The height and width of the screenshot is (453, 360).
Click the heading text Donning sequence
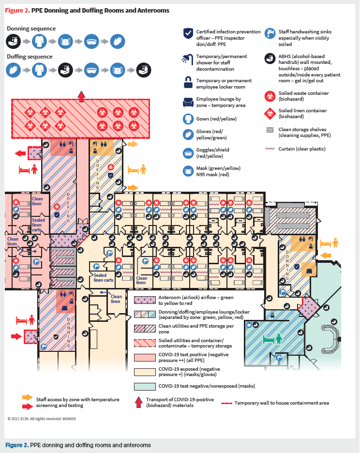[31, 29]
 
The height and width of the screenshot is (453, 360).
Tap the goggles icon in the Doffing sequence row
[91, 71]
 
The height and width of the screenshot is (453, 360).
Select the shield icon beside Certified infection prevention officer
[188, 33]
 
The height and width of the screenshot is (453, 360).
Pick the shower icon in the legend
[188, 58]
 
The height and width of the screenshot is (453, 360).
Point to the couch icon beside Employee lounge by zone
[188, 103]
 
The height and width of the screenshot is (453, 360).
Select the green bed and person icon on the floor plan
[272, 339]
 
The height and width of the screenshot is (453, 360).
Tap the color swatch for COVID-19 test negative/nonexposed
[144, 386]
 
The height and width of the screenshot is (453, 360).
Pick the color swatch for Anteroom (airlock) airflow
[144, 300]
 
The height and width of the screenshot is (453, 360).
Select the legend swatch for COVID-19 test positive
[144, 357]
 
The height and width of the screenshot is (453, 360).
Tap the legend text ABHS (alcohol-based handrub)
[305, 59]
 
